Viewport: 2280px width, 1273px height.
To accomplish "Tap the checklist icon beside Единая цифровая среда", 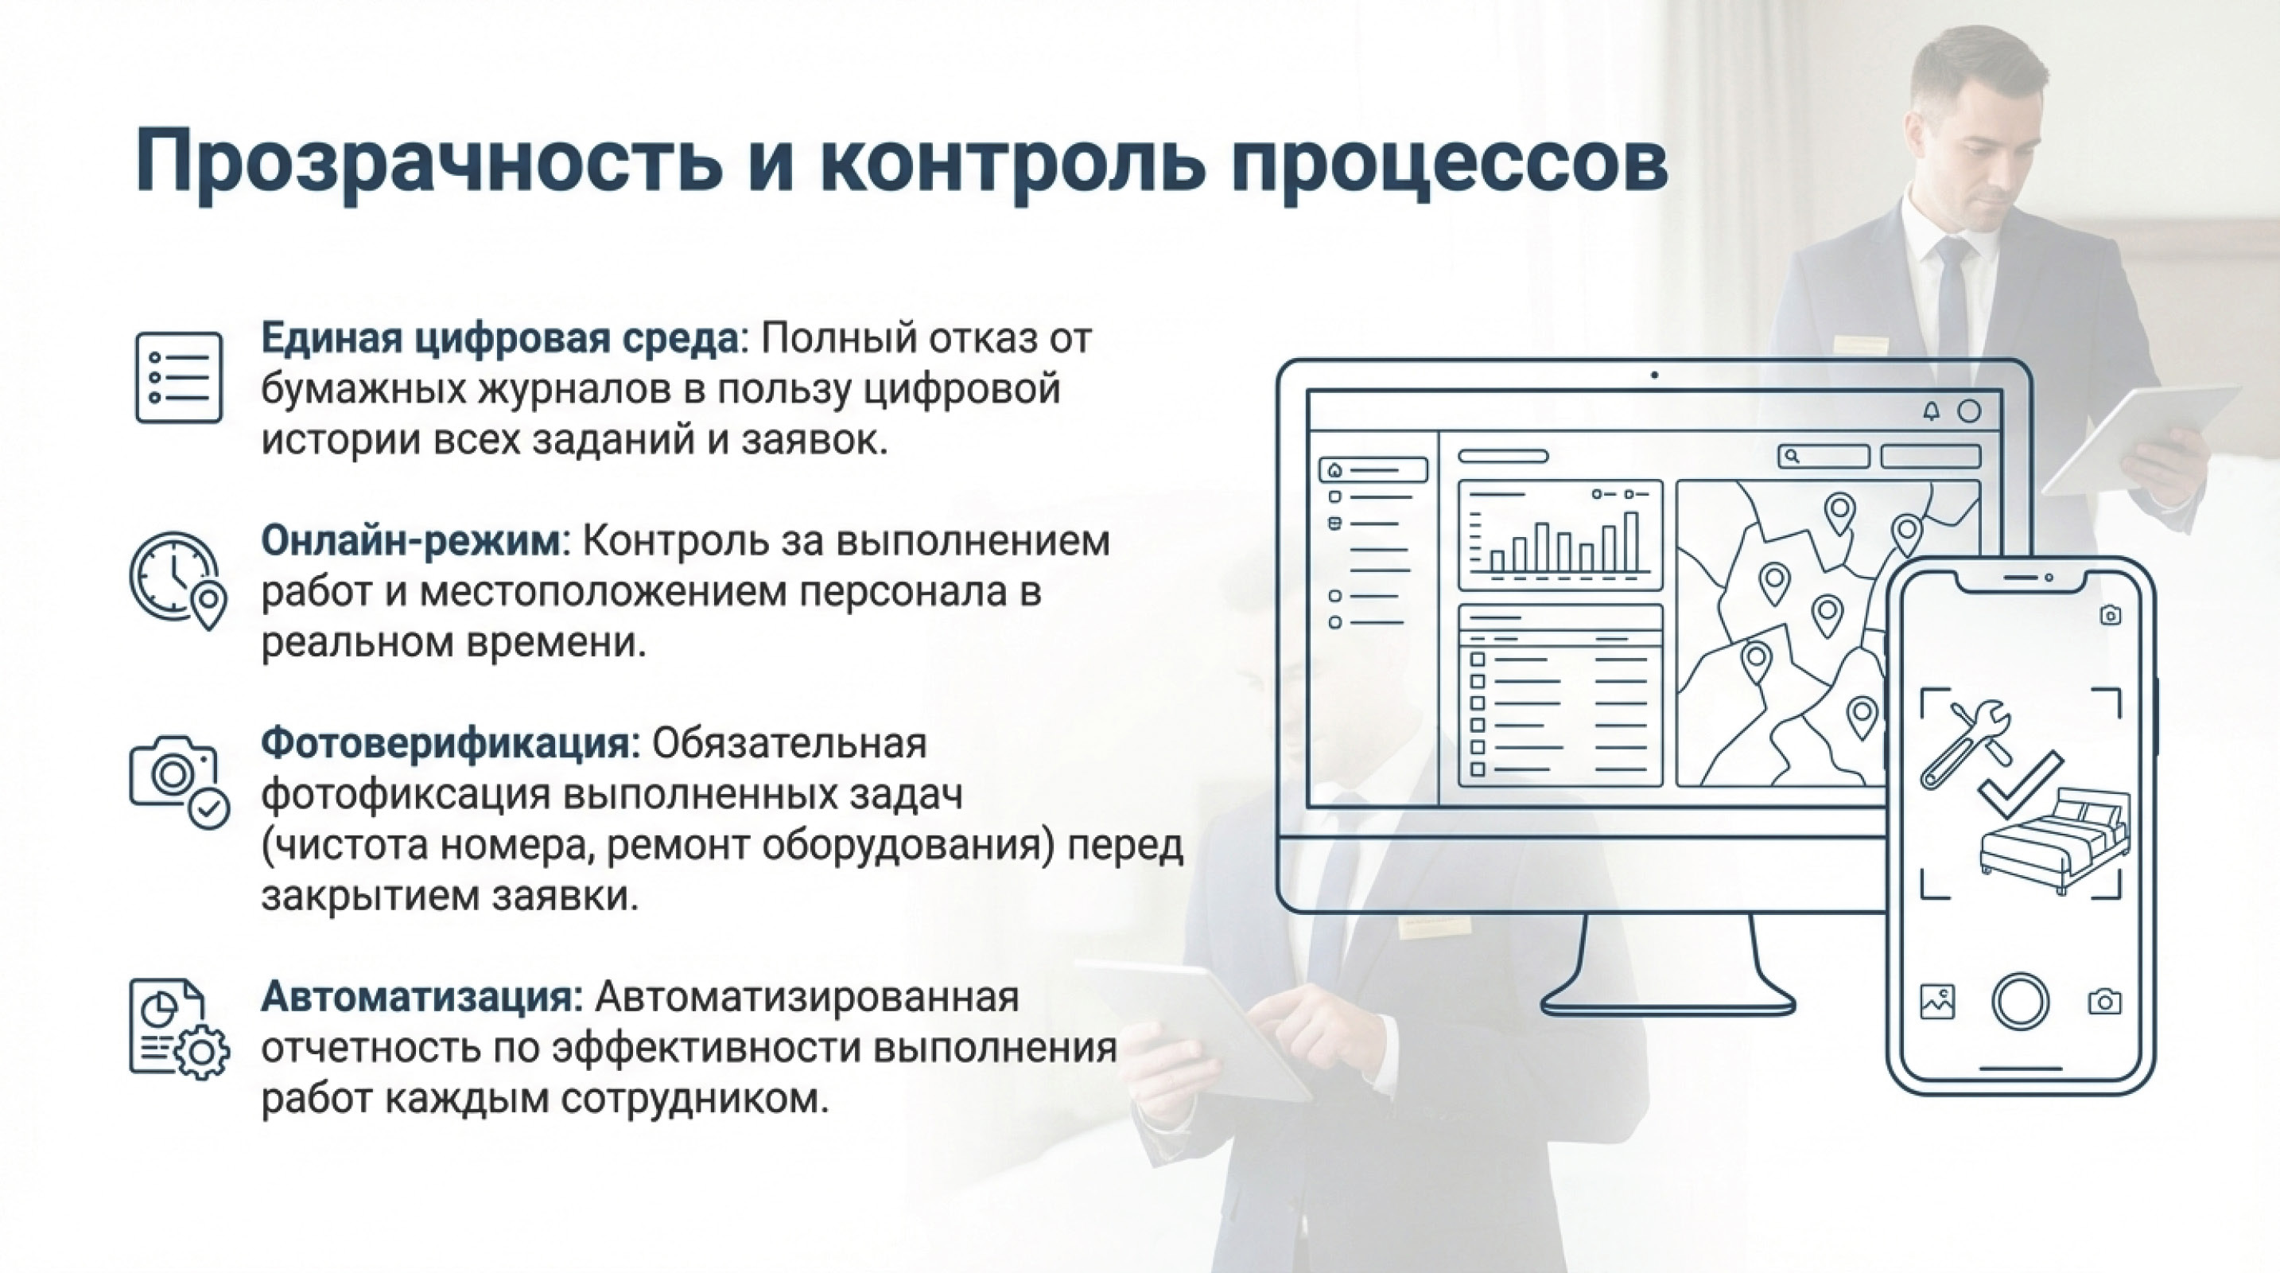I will (x=179, y=377).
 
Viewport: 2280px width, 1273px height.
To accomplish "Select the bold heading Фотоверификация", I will (x=449, y=744).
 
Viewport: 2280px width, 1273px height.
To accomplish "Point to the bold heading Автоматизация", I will (x=421, y=997).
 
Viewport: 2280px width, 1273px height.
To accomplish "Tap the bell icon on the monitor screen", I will (x=1931, y=411).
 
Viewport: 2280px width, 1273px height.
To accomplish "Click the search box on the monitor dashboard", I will (x=1824, y=456).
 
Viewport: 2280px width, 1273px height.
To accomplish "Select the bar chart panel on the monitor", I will (x=1559, y=535).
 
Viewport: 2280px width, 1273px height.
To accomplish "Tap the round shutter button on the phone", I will (x=2020, y=1001).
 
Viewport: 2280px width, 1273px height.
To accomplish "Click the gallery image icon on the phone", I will (x=1937, y=1001).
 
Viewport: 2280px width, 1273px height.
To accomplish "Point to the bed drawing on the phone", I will (x=2053, y=841).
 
